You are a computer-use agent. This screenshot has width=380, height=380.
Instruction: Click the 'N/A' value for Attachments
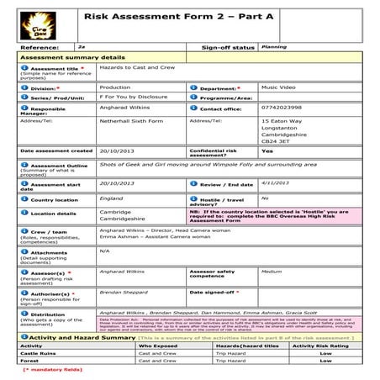tap(104, 251)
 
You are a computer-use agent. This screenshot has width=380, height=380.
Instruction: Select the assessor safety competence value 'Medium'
tap(271, 272)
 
